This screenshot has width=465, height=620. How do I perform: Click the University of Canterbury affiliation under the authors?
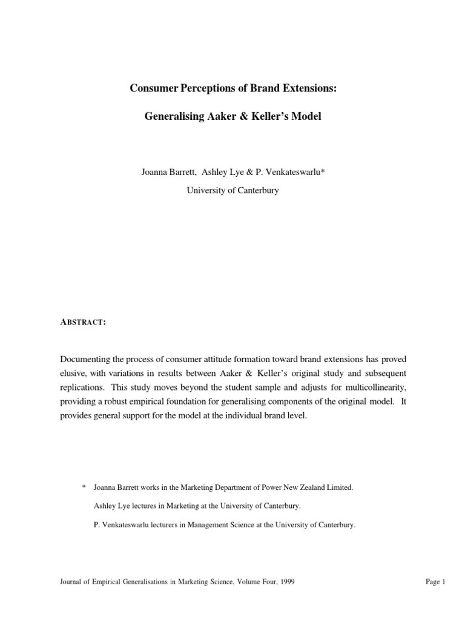point(232,190)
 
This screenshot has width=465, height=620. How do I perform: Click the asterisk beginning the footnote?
point(84,487)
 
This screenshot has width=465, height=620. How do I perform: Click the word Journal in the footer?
point(71,582)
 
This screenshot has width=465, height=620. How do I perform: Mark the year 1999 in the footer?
point(286,582)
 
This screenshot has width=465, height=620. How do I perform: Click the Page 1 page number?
point(435,582)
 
